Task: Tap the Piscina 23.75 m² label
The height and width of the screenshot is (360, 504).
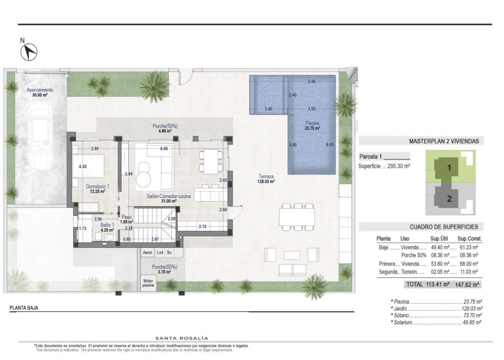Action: coord(312,126)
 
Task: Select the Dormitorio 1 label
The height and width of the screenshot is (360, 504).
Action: coord(97,189)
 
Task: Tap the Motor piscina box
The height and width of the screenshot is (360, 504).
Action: coord(147,283)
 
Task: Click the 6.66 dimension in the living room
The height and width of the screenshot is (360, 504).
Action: coord(164,149)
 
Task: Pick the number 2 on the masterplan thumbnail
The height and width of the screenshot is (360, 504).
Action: coord(449,199)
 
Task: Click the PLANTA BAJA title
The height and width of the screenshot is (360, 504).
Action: coord(24,308)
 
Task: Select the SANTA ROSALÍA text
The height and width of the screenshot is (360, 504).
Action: coord(182,338)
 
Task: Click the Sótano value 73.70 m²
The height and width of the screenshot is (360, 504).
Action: coord(472,315)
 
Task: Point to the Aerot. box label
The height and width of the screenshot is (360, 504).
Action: coord(147,253)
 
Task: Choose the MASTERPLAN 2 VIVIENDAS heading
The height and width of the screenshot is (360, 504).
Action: coord(443,141)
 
